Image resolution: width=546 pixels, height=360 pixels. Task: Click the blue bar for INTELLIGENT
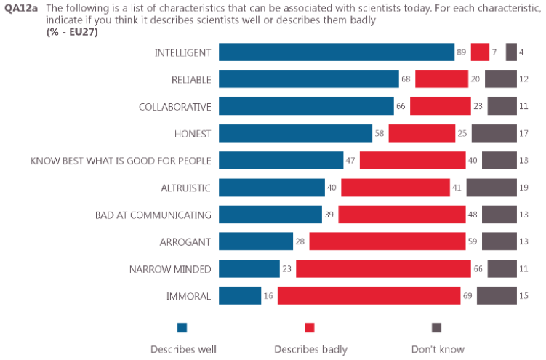(x=337, y=52)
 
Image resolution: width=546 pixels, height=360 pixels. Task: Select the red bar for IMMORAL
(x=369, y=296)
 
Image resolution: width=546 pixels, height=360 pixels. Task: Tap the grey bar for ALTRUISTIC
(x=491, y=188)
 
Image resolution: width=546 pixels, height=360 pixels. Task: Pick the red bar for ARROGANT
(x=388, y=241)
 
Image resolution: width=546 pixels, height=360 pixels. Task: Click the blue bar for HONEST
(x=295, y=133)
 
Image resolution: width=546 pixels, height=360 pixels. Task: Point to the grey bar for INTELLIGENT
(x=511, y=52)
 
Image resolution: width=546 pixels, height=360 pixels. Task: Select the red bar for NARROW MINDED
(x=383, y=269)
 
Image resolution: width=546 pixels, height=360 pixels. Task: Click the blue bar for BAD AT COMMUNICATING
(x=270, y=215)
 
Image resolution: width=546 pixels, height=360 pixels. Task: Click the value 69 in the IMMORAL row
(x=468, y=296)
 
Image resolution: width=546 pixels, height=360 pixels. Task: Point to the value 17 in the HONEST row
(x=524, y=133)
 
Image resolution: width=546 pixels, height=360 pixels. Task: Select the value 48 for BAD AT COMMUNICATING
(x=473, y=215)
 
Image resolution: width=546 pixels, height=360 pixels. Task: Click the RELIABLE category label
(x=187, y=79)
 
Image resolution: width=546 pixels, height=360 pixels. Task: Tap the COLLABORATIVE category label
(x=174, y=107)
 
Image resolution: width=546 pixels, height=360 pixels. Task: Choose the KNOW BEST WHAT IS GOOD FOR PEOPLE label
(x=121, y=161)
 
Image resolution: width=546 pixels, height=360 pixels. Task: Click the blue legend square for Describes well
(x=182, y=327)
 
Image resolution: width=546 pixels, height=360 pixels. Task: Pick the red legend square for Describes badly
(x=310, y=327)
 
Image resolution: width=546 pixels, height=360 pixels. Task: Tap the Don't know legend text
(x=438, y=350)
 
